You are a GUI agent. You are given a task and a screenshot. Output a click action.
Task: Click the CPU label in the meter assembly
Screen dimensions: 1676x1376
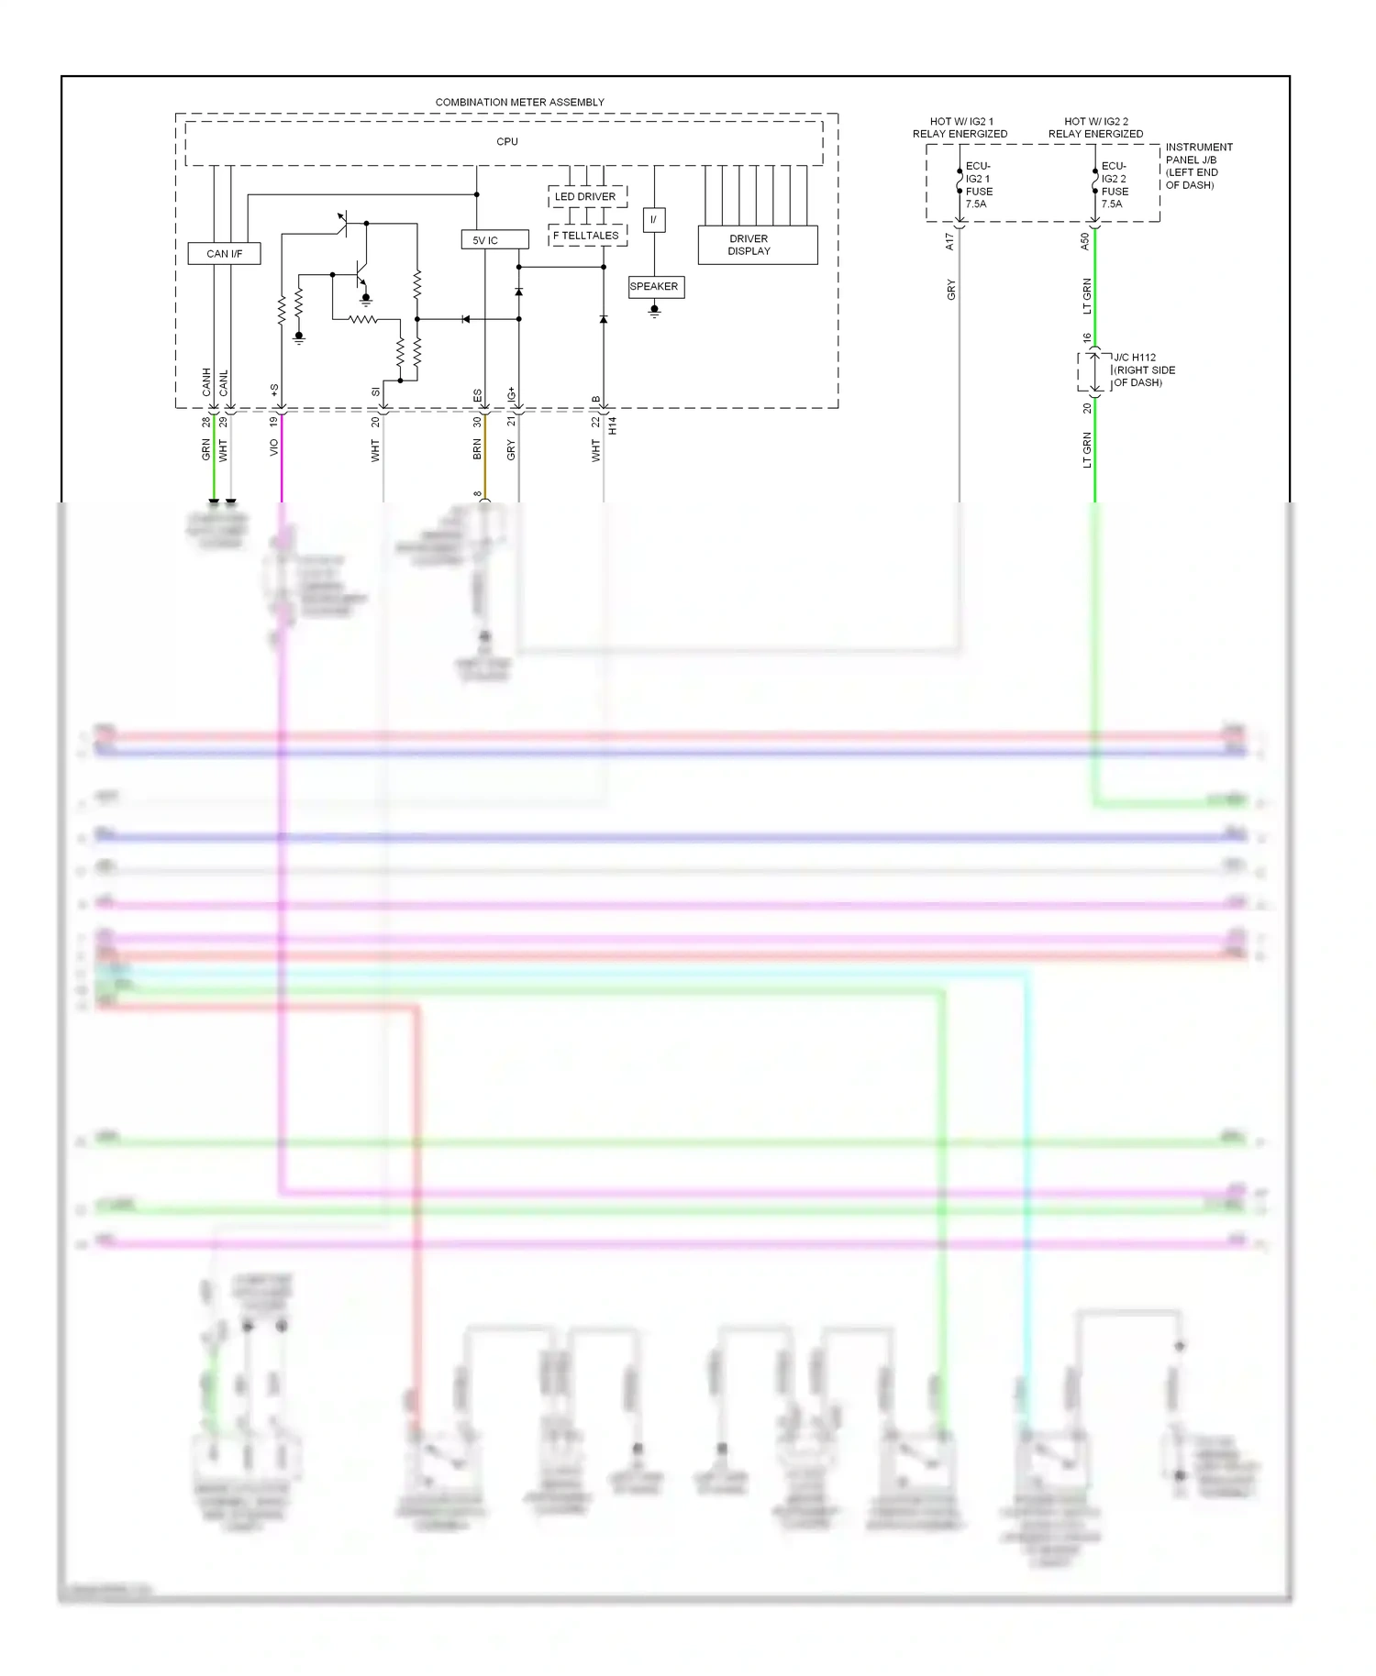click(506, 142)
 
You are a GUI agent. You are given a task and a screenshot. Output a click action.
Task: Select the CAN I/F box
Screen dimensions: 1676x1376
click(224, 254)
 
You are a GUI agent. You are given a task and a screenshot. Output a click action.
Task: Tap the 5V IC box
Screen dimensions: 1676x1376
click(494, 240)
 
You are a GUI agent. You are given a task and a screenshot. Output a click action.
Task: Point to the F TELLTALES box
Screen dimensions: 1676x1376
click(587, 236)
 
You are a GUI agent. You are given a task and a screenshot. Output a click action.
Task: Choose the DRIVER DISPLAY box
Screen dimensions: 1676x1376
click(758, 245)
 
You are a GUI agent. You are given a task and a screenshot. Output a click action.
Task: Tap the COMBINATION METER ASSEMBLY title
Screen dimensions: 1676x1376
click(519, 102)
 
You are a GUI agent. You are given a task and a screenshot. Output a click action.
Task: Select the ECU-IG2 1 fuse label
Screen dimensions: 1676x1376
click(978, 185)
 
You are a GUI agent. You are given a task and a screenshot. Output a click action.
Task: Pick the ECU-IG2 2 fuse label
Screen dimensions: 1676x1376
click(1114, 185)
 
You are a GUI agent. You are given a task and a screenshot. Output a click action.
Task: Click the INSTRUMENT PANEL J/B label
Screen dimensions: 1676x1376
click(1198, 166)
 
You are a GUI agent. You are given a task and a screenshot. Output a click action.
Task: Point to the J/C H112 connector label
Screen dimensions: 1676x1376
click(1143, 370)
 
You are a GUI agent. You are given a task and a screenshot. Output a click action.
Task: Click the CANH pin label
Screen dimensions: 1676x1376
click(206, 382)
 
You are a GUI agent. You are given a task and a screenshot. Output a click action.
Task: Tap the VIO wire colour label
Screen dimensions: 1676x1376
click(273, 447)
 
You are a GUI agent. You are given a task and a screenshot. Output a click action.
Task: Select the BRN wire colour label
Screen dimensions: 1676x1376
click(477, 449)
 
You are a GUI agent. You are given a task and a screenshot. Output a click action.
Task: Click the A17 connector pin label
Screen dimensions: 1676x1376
click(949, 242)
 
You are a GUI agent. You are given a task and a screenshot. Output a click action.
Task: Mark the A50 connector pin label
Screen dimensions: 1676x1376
click(1084, 242)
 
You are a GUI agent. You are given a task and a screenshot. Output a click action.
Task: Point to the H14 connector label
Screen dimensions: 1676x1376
click(613, 425)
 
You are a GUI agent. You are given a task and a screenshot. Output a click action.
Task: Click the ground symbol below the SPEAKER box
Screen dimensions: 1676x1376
click(654, 311)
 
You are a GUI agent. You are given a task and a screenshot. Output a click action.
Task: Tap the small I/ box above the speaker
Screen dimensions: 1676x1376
click(653, 220)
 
